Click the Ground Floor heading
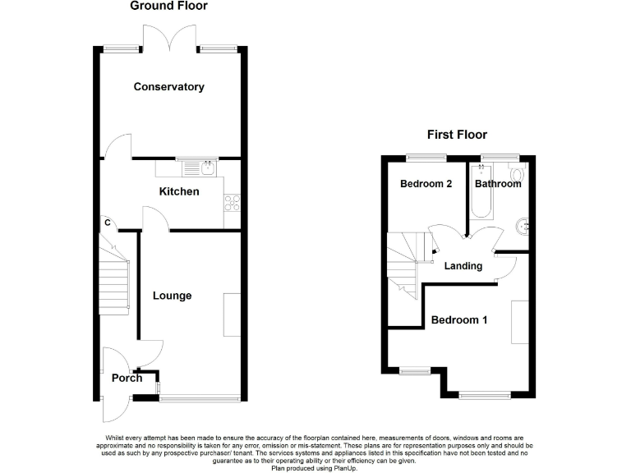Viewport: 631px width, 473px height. pyautogui.click(x=168, y=7)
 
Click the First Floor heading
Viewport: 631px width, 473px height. pyautogui.click(x=457, y=135)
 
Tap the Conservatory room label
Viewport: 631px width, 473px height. pyautogui.click(x=168, y=87)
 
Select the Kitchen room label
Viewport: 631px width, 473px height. pyautogui.click(x=178, y=191)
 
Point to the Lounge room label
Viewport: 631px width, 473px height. pyautogui.click(x=172, y=296)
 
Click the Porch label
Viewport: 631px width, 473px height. pyautogui.click(x=127, y=378)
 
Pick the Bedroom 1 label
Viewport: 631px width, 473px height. pyautogui.click(x=459, y=320)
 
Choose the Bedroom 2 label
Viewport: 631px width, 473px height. pyautogui.click(x=426, y=184)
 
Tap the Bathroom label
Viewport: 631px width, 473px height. pyautogui.click(x=497, y=184)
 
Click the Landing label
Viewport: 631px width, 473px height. pyautogui.click(x=463, y=266)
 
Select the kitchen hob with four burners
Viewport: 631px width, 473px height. pyautogui.click(x=232, y=202)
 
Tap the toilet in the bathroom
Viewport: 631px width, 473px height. pyautogui.click(x=516, y=173)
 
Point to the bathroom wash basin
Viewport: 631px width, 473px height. pyautogui.click(x=519, y=225)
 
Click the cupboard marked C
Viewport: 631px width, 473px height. pyautogui.click(x=107, y=223)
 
